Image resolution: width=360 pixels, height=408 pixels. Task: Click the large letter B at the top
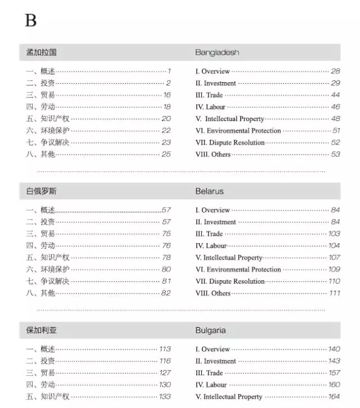(x=30, y=21)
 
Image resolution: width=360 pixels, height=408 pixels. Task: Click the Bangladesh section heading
(x=217, y=52)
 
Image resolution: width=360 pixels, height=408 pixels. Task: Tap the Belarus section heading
(x=209, y=191)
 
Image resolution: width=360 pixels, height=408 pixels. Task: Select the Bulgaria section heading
(x=210, y=330)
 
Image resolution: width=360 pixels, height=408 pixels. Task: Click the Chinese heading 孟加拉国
(x=41, y=52)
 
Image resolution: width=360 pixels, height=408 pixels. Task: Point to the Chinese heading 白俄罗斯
(x=41, y=191)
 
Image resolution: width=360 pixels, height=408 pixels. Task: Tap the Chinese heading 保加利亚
(x=41, y=330)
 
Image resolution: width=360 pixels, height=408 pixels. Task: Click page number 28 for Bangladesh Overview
(x=335, y=71)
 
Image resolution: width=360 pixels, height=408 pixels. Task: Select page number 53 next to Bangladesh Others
(x=335, y=154)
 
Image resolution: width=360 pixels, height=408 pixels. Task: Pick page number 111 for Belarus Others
(x=335, y=293)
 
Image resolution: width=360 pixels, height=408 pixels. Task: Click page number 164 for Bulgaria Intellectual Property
(x=334, y=397)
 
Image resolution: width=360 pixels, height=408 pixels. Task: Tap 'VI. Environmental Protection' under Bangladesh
(x=238, y=131)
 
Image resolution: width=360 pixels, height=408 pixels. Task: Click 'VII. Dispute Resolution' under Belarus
(x=230, y=281)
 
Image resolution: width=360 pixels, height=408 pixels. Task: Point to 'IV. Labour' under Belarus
(x=211, y=246)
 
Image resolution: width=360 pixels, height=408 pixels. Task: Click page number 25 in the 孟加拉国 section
(x=166, y=154)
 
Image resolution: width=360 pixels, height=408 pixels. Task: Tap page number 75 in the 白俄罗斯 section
(x=166, y=234)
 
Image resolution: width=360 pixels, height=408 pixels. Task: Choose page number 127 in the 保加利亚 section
(x=165, y=373)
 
